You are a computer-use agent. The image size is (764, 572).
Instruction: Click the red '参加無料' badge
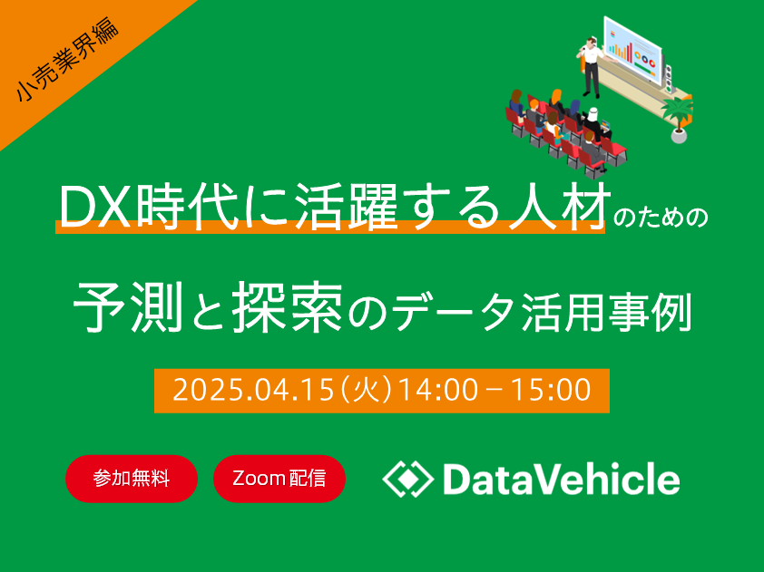132,479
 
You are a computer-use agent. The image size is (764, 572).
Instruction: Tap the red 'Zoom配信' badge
279,479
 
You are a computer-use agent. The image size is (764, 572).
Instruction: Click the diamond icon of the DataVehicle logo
407,479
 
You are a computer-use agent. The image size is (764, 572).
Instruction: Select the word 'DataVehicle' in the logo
562,479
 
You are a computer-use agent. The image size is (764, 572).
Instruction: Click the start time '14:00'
438,391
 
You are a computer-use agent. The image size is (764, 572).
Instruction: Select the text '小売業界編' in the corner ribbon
68,60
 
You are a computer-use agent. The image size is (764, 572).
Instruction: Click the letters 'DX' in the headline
95,208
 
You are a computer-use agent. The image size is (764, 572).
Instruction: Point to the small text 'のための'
661,218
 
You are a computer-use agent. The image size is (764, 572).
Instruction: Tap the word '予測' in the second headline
128,306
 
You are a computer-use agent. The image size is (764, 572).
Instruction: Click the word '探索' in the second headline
287,306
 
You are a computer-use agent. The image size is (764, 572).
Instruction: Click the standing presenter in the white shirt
591,67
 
